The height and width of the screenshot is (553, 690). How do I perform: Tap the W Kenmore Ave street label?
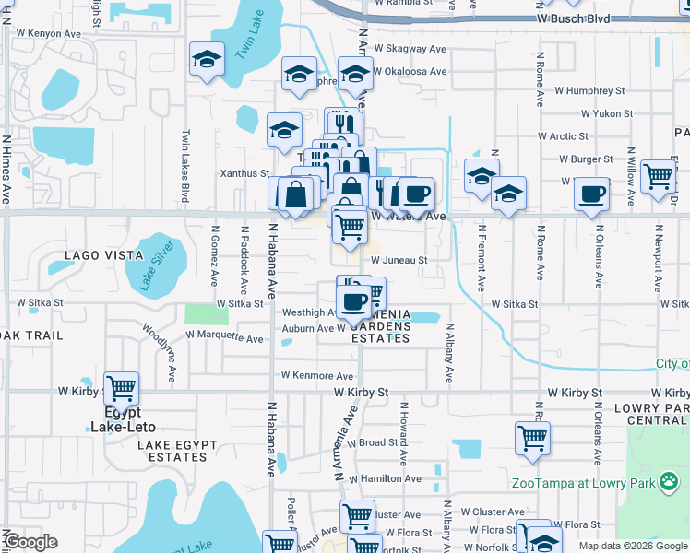coord(317,376)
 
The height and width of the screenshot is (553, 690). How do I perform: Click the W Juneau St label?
coord(399,261)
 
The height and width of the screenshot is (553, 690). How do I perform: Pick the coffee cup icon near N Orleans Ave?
coord(591,194)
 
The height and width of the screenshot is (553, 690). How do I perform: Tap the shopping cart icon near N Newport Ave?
coord(658,174)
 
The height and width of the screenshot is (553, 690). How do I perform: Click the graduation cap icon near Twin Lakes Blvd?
coord(206,60)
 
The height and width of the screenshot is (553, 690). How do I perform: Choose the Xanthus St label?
coord(244,172)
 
